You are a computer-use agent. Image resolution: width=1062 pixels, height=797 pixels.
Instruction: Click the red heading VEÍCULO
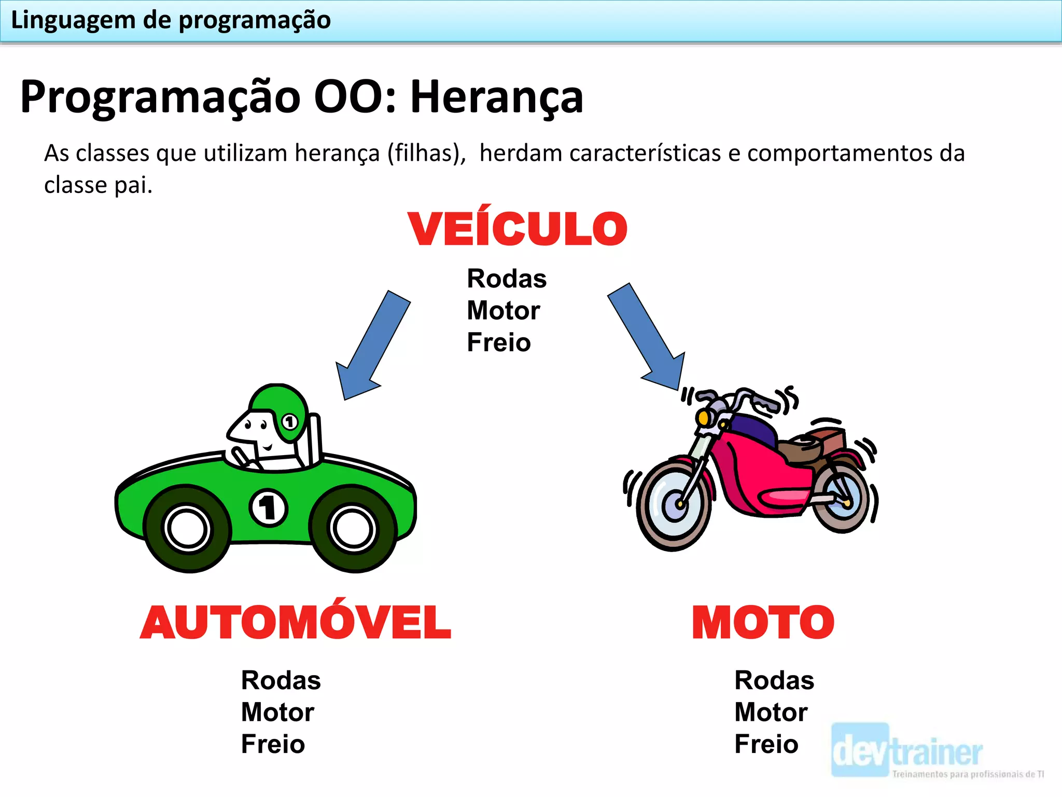518,229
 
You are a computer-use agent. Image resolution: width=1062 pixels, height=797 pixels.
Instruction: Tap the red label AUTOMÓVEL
296,622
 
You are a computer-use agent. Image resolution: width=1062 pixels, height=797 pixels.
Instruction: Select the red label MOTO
763,622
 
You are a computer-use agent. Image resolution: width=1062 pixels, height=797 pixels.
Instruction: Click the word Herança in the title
497,97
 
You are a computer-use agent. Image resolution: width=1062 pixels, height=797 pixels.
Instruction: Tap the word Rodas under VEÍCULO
507,279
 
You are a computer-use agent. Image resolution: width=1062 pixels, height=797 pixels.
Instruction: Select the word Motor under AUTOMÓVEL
277,712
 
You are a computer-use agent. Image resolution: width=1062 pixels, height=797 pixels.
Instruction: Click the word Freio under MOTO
766,744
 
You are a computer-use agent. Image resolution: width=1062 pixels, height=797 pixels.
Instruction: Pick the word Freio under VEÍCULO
499,342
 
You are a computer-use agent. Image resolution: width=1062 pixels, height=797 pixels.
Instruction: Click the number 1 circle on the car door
268,507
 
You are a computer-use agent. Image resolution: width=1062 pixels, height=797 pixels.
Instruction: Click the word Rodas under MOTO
774,680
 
